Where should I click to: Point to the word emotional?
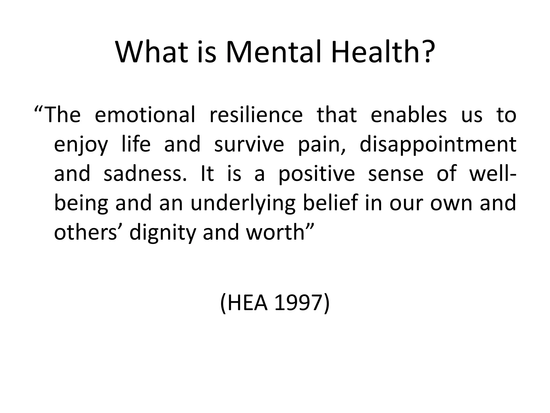[x=145, y=115]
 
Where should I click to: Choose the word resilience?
[x=256, y=115]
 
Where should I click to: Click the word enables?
[x=409, y=115]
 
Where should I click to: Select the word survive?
[x=249, y=144]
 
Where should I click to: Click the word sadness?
[x=145, y=174]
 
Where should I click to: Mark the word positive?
[x=316, y=174]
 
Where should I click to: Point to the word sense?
[x=396, y=174]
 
